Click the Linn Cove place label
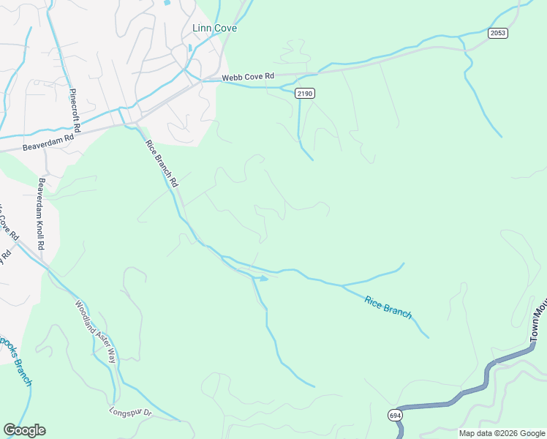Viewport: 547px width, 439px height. coord(214,29)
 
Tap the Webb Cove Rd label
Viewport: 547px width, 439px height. coord(249,76)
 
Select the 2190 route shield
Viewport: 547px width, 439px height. coord(305,93)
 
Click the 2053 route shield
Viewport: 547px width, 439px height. coord(498,33)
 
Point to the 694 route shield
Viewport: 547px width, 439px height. coord(395,415)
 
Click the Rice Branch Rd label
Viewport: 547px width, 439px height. coord(162,164)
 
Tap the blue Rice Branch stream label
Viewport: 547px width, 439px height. coord(388,307)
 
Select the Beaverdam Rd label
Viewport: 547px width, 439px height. coord(48,137)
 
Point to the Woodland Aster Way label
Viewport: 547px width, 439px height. coord(96,332)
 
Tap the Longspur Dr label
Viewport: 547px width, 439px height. coord(131,412)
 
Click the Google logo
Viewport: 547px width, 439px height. coord(24,430)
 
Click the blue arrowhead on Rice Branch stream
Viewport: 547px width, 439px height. coord(264,278)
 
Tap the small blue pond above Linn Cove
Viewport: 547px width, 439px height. coord(169,3)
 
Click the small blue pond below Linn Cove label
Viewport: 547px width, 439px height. coord(190,48)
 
